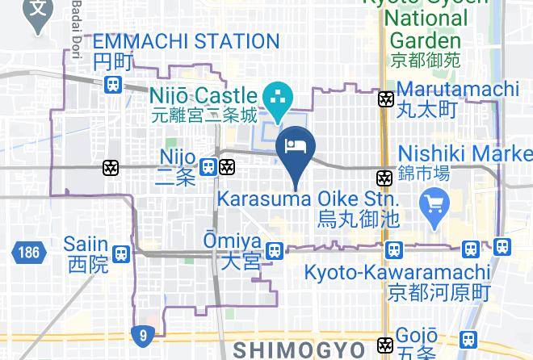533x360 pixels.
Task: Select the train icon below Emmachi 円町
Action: click(x=114, y=83)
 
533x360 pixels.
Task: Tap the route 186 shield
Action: click(x=26, y=253)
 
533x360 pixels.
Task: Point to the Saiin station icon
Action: click(x=121, y=253)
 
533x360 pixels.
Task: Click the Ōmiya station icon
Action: click(x=275, y=251)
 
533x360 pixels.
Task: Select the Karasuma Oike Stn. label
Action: click(x=308, y=199)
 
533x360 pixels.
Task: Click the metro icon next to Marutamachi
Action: click(x=387, y=99)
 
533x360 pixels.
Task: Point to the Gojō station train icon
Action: click(x=467, y=341)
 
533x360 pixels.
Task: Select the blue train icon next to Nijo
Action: click(x=208, y=167)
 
